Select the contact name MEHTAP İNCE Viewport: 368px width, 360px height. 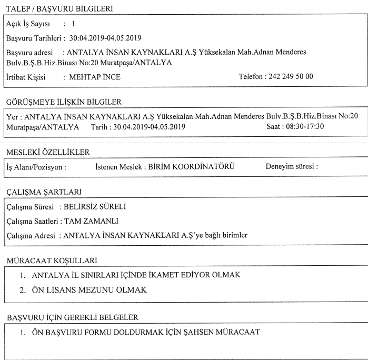(x=91, y=77)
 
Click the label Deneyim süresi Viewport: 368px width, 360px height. (x=291, y=167)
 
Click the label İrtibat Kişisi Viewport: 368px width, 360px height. (x=25, y=77)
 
